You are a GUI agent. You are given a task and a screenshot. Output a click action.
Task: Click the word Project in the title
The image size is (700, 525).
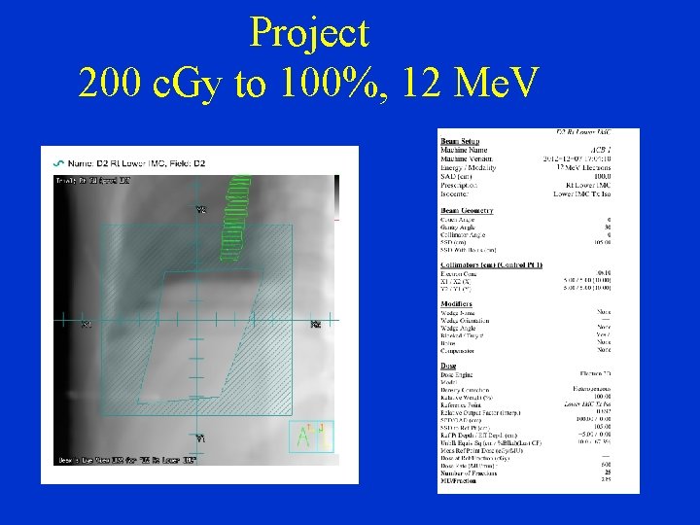[309, 33]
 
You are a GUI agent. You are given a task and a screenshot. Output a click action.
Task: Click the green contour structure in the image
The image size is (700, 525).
[236, 218]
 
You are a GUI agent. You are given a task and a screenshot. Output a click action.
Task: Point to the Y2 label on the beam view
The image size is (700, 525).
[201, 210]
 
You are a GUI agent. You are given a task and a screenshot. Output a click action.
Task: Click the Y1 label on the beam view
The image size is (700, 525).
[200, 438]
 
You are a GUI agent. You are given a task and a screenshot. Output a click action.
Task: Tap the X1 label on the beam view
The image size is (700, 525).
[85, 324]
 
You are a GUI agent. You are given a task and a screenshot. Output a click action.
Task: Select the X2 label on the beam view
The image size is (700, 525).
[315, 324]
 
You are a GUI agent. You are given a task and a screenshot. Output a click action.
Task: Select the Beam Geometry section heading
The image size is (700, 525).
[467, 210]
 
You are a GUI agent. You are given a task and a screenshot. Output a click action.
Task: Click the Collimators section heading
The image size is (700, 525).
[491, 263]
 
